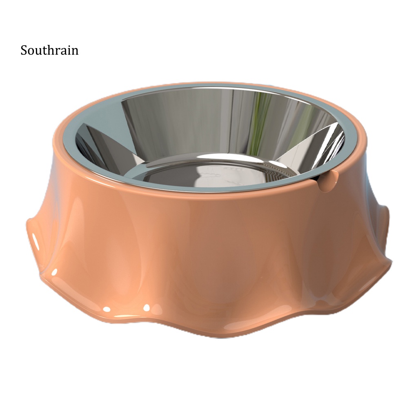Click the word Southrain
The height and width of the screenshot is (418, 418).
[49, 50]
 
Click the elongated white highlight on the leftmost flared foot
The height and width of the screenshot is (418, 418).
[35, 241]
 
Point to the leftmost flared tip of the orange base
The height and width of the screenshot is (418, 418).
[27, 221]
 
